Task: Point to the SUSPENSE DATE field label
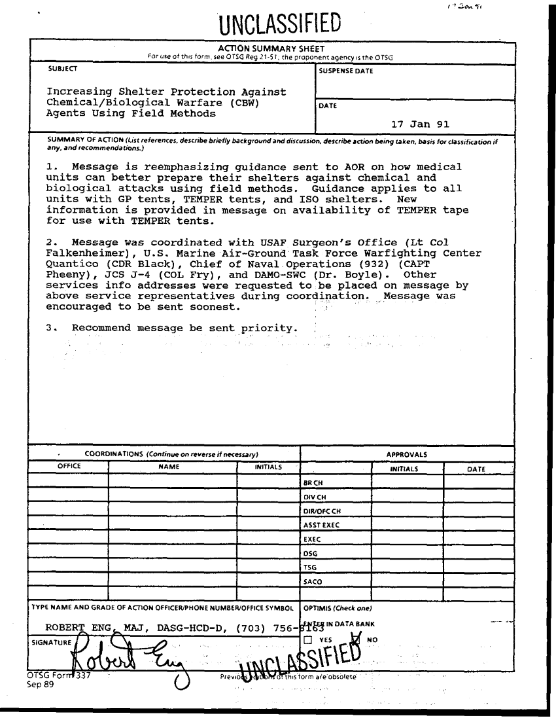346,71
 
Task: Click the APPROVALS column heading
406,453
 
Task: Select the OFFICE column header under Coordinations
69,467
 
